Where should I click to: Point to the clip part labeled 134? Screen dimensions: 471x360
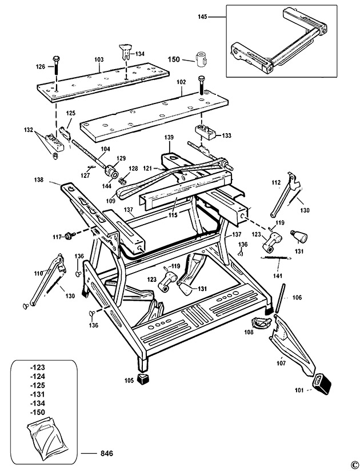point(125,51)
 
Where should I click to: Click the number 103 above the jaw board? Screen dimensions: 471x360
point(99,59)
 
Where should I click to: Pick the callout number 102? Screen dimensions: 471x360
point(181,82)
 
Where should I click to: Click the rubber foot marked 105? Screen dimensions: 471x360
point(145,379)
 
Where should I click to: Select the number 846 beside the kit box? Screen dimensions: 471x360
point(106,454)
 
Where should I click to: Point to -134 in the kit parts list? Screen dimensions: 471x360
point(38,404)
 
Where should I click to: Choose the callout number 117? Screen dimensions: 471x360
point(57,237)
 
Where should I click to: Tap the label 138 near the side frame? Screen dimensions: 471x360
point(54,179)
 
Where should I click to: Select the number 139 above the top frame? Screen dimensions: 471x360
point(168,137)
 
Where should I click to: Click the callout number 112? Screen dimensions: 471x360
point(276,182)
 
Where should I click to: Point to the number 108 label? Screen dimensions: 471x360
point(249,332)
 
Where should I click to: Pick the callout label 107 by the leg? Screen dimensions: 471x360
point(280,361)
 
